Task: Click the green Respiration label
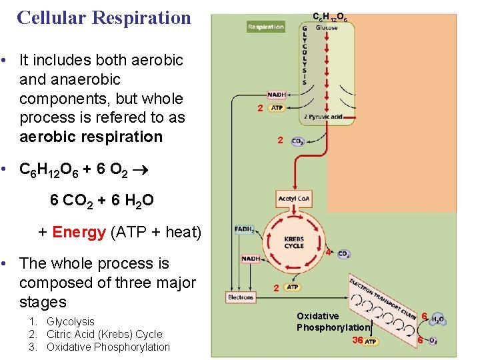265,27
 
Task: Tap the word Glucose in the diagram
327,28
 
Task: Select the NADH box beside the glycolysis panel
277,95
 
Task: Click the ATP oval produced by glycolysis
277,108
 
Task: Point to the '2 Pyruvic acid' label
323,117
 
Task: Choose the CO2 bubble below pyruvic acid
298,141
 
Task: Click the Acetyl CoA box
293,199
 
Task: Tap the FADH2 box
245,229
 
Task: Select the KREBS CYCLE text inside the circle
294,242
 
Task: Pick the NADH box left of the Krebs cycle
251,259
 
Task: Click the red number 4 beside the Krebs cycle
328,253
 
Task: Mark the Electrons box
241,297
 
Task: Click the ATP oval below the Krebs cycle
292,287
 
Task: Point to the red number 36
357,340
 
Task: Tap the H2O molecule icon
437,319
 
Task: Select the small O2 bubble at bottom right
433,341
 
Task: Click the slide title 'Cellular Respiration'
104,17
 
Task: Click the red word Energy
79,232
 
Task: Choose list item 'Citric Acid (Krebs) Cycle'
104,334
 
